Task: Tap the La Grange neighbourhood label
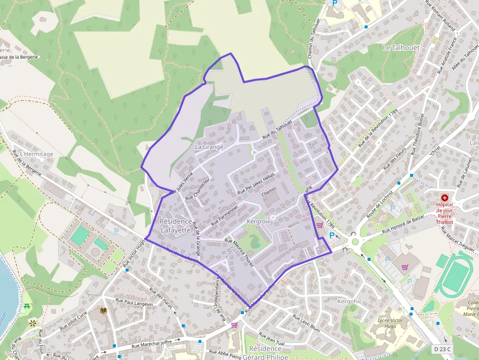click(209, 147)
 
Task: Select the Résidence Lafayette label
click(175, 225)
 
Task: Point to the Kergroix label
click(259, 221)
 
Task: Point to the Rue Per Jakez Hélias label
click(257, 184)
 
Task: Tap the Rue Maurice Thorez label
click(239, 252)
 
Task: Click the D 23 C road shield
click(442, 349)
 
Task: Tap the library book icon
click(104, 311)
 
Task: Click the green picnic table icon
click(26, 307)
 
